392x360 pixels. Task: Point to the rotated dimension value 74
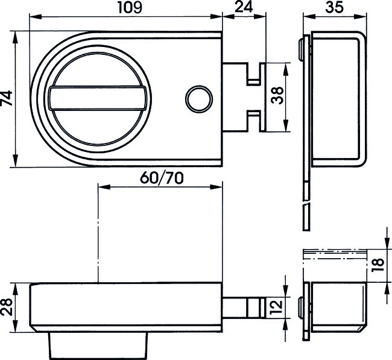point(7,99)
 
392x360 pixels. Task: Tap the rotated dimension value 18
point(379,264)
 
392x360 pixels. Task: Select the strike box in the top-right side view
point(335,98)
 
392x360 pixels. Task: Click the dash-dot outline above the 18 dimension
point(335,253)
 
